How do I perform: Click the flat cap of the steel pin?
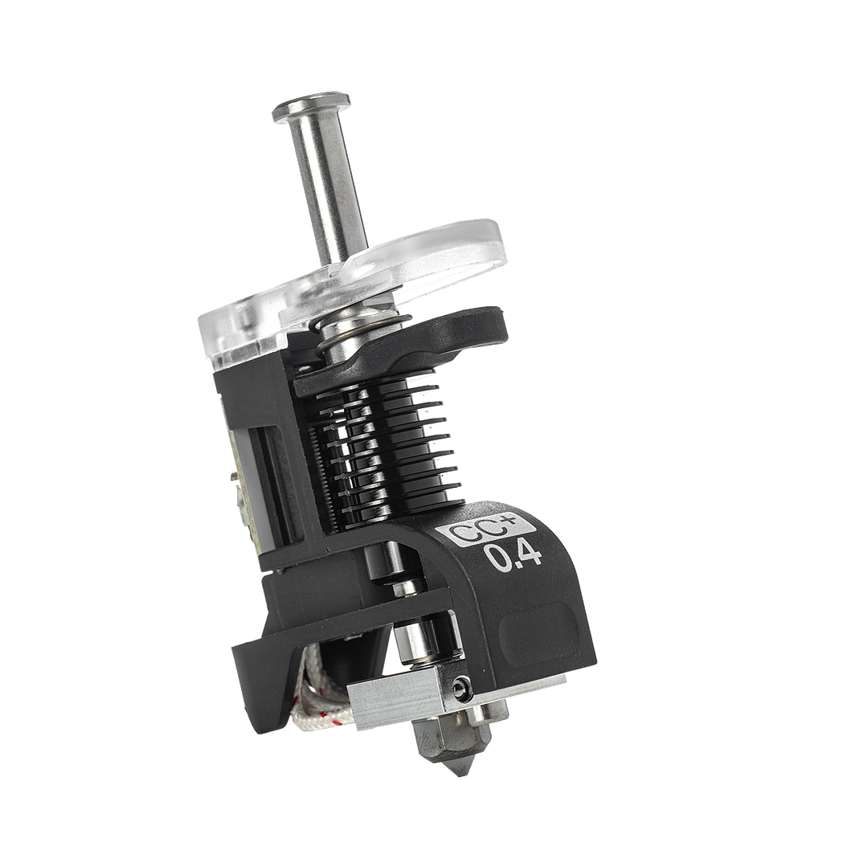coord(311,107)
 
